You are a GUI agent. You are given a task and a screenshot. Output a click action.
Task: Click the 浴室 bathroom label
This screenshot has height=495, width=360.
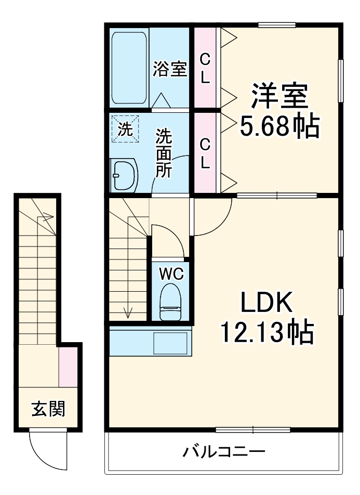[x=169, y=69]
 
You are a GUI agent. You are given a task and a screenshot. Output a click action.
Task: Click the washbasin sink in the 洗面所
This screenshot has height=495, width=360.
[x=124, y=174]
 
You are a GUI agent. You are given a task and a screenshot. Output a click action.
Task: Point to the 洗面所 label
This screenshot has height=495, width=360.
[x=165, y=153]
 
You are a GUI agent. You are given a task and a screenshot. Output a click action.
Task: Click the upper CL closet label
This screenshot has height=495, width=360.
[x=205, y=68]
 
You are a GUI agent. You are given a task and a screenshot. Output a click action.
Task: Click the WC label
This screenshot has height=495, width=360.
[x=170, y=272]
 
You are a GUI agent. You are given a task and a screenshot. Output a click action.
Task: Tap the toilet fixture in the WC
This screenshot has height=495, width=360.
[x=170, y=302]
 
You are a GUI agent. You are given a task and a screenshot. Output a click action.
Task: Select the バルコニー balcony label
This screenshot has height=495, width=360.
[x=223, y=451]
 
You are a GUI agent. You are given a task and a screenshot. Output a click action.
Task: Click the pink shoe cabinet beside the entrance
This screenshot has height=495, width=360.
[x=68, y=367]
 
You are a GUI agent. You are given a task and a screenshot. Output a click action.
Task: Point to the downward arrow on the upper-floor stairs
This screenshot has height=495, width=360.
[x=128, y=312]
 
